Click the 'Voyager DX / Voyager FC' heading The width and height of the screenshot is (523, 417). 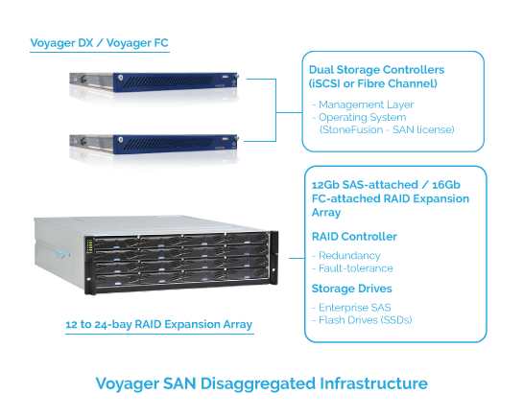click(x=100, y=43)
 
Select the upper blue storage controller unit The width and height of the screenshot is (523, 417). click(x=154, y=81)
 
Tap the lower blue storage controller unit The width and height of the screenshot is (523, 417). click(x=154, y=144)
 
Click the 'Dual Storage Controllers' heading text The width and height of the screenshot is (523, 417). click(x=376, y=70)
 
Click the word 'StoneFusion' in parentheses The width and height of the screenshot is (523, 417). click(x=352, y=129)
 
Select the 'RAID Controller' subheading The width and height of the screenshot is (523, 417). click(x=354, y=237)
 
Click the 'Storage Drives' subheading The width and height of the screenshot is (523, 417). click(x=351, y=289)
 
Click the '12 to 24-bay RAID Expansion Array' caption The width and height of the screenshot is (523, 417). click(x=158, y=324)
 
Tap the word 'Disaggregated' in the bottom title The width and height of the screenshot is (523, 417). click(x=258, y=383)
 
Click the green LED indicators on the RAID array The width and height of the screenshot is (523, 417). click(x=89, y=245)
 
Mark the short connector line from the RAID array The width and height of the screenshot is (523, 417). click(x=297, y=258)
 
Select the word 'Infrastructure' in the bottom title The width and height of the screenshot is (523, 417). click(x=373, y=383)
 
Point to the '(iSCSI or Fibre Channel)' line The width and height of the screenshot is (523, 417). click(x=373, y=83)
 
